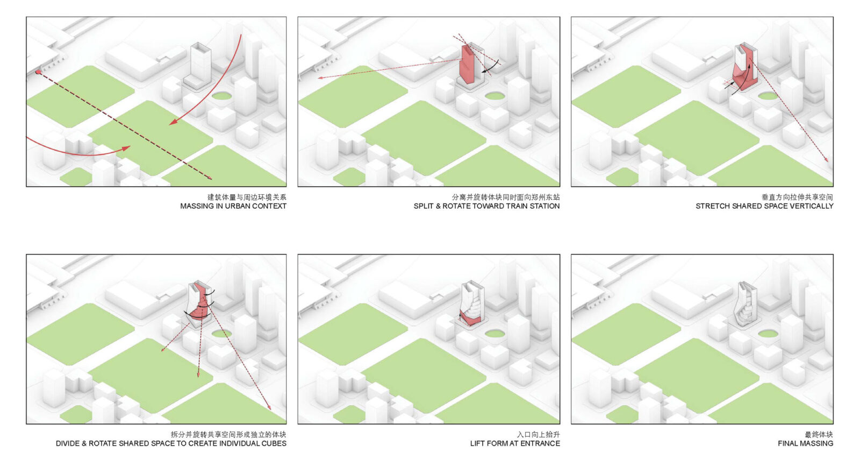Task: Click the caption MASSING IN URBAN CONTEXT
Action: [233, 206]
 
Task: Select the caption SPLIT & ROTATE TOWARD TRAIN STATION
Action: [486, 206]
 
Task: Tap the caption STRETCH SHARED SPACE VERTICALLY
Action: [764, 206]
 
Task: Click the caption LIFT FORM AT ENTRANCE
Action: [515, 443]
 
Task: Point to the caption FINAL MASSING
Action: [805, 443]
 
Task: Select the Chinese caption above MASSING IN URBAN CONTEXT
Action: [247, 197]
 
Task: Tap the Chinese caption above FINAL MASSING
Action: [819, 435]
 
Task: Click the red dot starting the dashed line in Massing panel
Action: [38, 72]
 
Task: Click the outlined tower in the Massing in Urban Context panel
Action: [198, 66]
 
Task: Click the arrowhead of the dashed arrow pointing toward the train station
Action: [320, 78]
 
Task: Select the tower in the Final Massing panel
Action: [746, 305]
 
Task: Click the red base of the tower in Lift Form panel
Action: [470, 319]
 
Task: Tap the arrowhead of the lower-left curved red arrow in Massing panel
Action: [126, 148]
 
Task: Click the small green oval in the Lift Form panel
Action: [495, 334]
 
